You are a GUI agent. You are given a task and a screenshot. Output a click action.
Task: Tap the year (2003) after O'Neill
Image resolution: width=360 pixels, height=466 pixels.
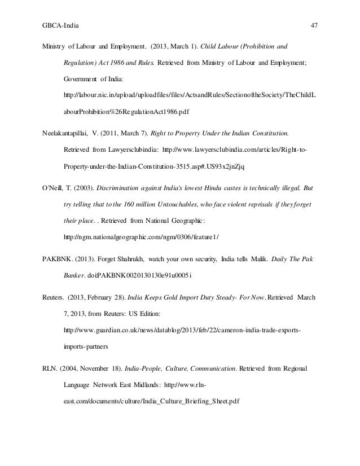[x=83, y=186]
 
